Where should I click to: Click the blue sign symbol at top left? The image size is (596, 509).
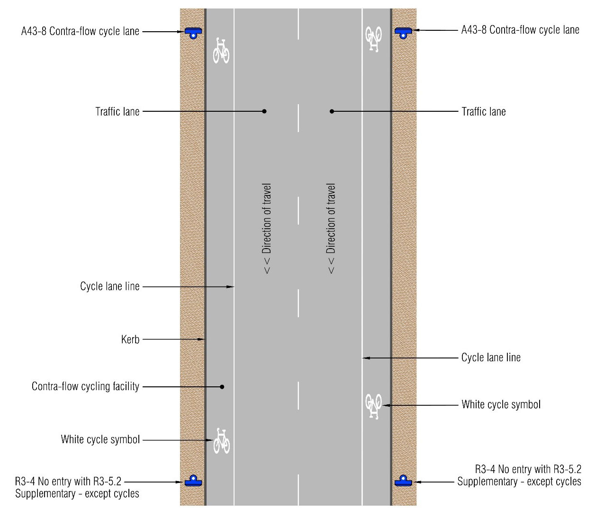pyautogui.click(x=193, y=33)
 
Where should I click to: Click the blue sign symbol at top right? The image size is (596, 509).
pyautogui.click(x=403, y=33)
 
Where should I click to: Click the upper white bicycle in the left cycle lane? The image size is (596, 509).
pyautogui.click(x=221, y=51)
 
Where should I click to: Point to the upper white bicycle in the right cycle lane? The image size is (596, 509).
pyautogui.click(x=373, y=39)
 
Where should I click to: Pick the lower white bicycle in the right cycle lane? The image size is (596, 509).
pyautogui.click(x=373, y=406)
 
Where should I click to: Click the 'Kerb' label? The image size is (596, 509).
pyautogui.click(x=130, y=339)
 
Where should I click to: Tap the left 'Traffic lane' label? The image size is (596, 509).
pyautogui.click(x=117, y=112)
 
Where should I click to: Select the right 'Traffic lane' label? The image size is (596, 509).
pyautogui.click(x=484, y=112)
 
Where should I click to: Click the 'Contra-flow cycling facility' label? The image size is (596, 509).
pyautogui.click(x=85, y=386)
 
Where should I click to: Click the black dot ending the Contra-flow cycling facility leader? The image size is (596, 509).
pyautogui.click(x=222, y=387)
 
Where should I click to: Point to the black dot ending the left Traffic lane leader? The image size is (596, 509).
pyautogui.click(x=264, y=111)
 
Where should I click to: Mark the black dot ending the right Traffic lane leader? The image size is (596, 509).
pyautogui.click(x=332, y=111)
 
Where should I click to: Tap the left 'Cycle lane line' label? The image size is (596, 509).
pyautogui.click(x=110, y=286)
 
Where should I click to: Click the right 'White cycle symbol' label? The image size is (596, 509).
pyautogui.click(x=501, y=405)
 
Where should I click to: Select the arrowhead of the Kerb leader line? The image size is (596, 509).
pyautogui.click(x=201, y=339)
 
